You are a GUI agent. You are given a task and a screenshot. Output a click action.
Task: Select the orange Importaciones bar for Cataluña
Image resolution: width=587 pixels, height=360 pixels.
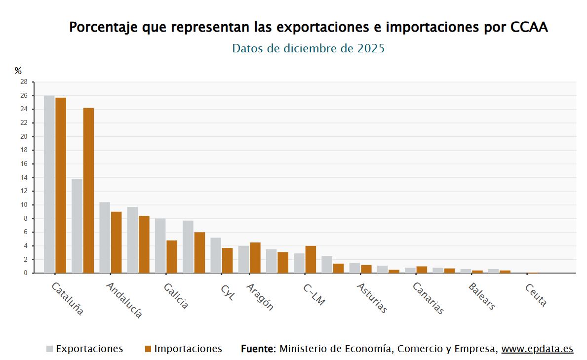coord(61,185)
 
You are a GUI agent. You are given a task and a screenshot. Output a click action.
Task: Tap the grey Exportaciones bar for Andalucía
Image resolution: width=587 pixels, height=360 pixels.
coord(105,238)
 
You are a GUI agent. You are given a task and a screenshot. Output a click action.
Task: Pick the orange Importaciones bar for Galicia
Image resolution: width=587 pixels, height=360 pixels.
coord(172,256)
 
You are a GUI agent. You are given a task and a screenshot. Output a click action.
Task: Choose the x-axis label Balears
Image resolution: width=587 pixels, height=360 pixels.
coord(482,296)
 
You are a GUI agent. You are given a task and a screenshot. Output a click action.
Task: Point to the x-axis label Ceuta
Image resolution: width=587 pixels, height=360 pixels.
coord(536,295)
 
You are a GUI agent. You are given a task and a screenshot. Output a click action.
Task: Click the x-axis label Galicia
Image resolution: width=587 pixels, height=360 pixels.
coord(176,296)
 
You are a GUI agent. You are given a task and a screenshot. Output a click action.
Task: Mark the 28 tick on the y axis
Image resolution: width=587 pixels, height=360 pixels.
coord(24,82)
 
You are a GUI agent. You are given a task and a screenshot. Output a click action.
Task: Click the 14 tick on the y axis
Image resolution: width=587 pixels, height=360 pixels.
coord(24,177)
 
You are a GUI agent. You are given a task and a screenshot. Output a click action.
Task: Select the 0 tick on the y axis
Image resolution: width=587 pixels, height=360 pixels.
coord(25,273)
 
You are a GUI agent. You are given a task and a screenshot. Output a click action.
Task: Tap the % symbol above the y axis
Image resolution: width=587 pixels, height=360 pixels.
coord(18,71)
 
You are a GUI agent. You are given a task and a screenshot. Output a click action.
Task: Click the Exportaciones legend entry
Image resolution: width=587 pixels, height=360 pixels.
coord(89,349)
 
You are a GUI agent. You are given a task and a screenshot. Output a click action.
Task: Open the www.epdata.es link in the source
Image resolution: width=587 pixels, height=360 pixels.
coord(537,349)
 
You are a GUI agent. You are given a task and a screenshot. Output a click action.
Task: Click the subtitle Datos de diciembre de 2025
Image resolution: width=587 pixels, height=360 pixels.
coord(308,48)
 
